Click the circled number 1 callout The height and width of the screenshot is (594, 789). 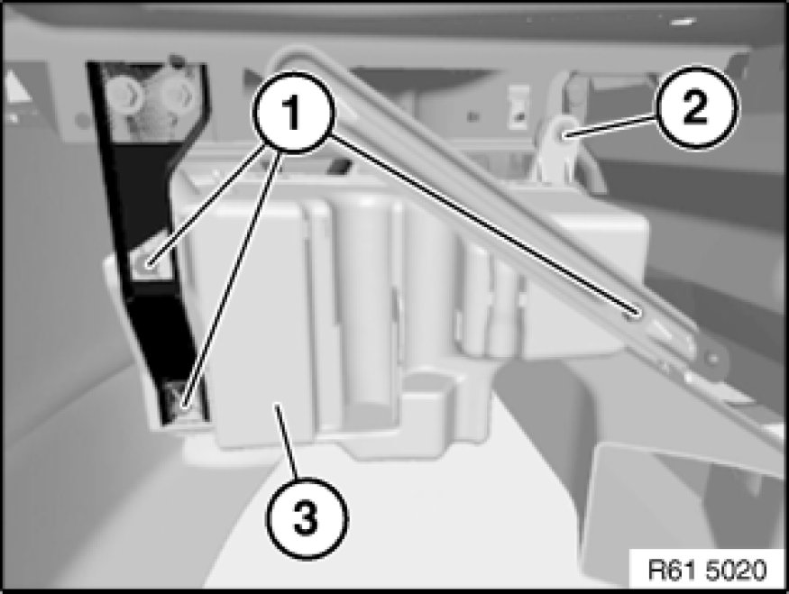pyautogui.click(x=293, y=112)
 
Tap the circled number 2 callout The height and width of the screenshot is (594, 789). pyautogui.click(x=697, y=107)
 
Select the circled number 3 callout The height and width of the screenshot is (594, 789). pyautogui.click(x=307, y=517)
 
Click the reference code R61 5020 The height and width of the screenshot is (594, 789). pyautogui.click(x=706, y=571)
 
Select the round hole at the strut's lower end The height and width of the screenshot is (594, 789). pyautogui.click(x=712, y=358)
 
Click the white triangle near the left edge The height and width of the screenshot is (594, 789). pyautogui.click(x=18, y=86)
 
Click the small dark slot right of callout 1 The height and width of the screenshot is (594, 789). pyautogui.click(x=341, y=167)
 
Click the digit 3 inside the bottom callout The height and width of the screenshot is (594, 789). pyautogui.click(x=307, y=517)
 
